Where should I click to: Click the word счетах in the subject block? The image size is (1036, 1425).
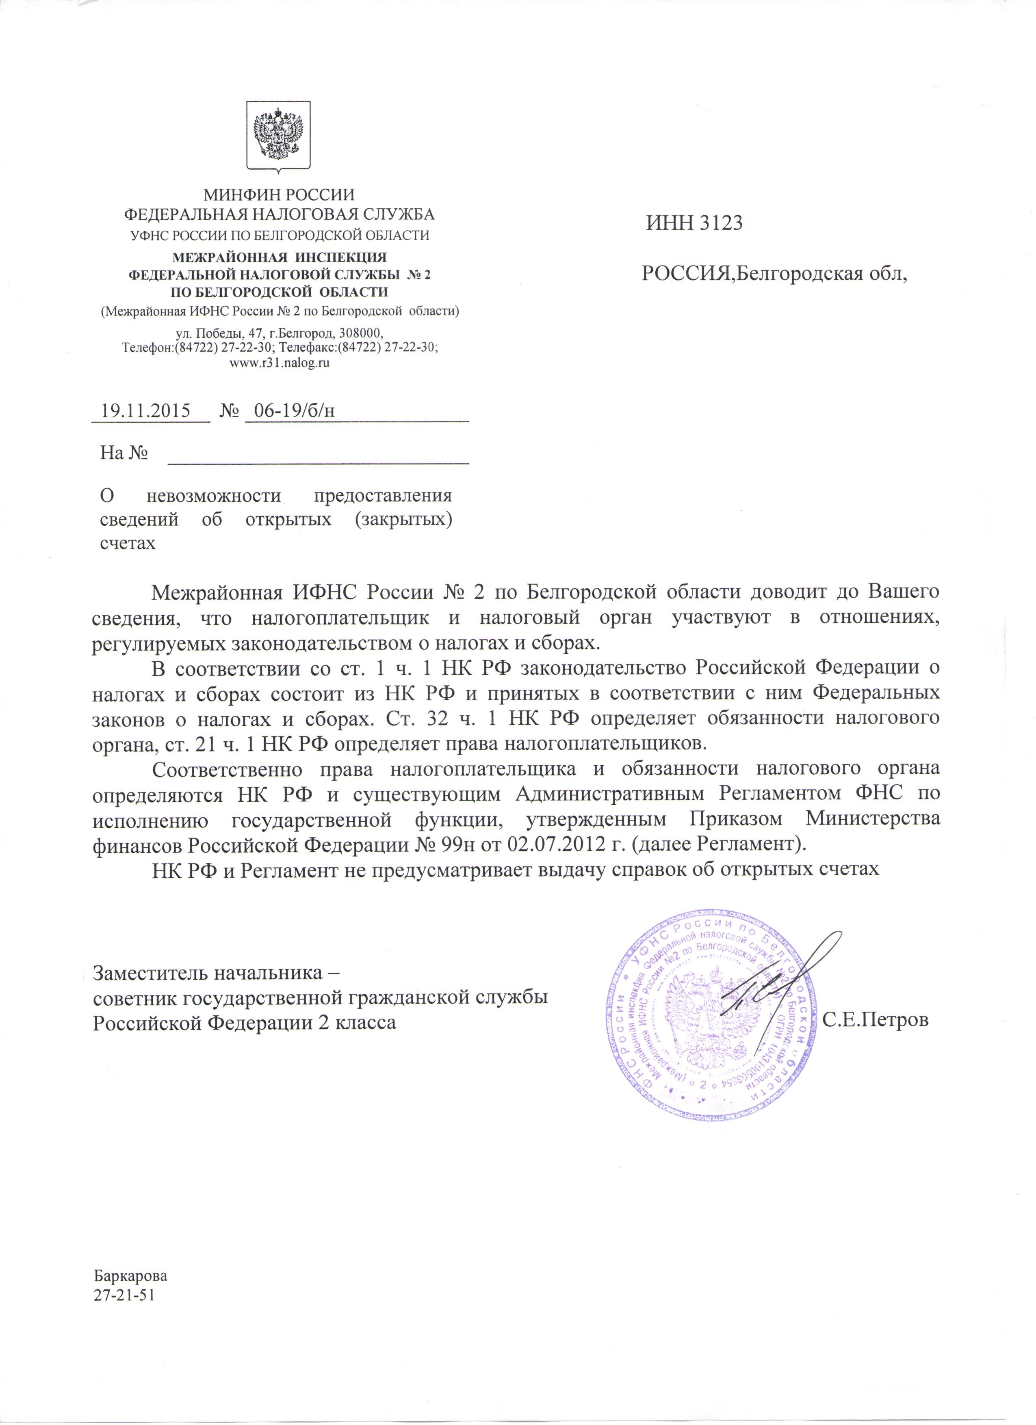click(x=128, y=543)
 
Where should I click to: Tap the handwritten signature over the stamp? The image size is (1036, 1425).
click(x=780, y=983)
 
